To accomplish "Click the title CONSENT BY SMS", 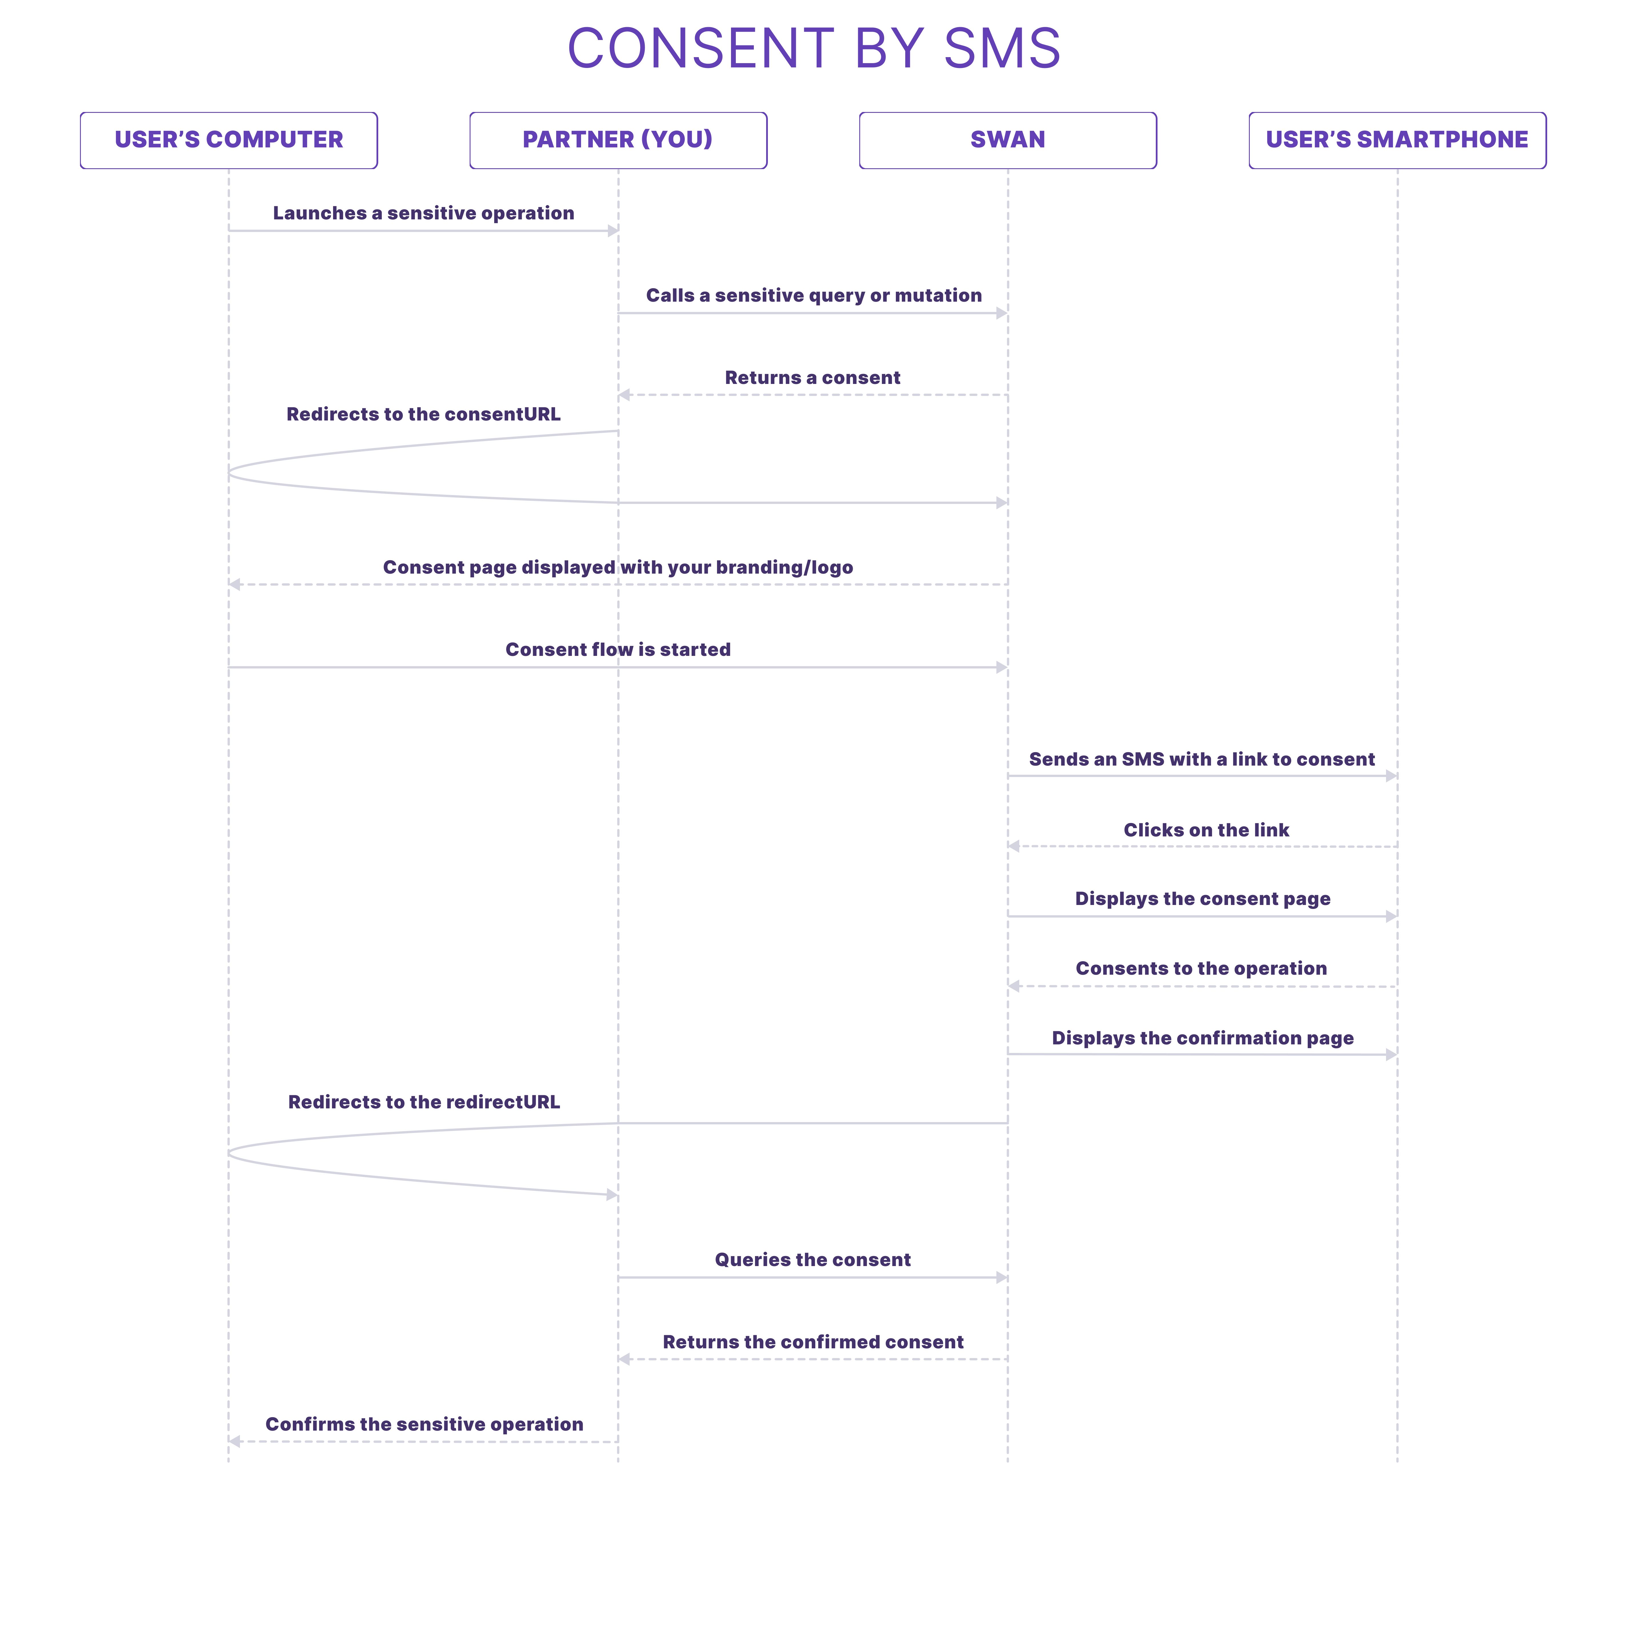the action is (x=814, y=48).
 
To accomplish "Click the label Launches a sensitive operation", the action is (x=423, y=213).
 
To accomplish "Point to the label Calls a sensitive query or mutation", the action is (x=814, y=295).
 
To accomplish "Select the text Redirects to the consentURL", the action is (x=423, y=414).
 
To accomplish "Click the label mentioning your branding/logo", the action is (x=618, y=567).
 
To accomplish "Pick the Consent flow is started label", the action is (x=618, y=650).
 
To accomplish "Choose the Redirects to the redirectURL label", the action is (x=424, y=1102).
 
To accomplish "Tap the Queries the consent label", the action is (x=813, y=1260).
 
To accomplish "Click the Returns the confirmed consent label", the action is (x=813, y=1342).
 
